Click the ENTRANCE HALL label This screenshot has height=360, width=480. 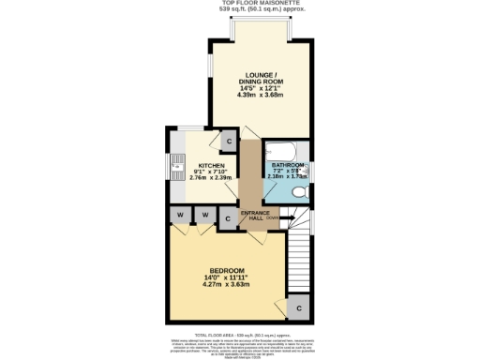coord(255,217)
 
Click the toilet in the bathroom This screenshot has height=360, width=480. coord(298,192)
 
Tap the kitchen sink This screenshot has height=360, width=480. coord(176,168)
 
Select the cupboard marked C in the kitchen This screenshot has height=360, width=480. coord(229,142)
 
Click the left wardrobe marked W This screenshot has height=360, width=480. coord(179,216)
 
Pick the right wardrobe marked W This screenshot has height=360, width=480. coord(203,216)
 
